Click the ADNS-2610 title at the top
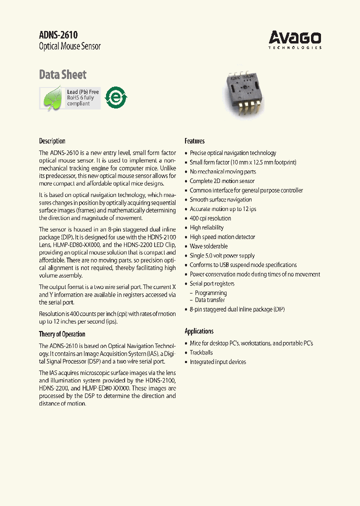[58, 34]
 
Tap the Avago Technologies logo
[294, 39]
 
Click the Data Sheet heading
[62, 74]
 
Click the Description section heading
[52, 141]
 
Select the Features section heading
[194, 141]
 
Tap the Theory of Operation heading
[62, 334]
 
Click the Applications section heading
[199, 331]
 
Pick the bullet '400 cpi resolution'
[210, 218]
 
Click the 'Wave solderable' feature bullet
[208, 246]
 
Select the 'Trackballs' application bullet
[201, 352]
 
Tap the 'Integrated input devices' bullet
[217, 362]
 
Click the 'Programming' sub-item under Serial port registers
[210, 293]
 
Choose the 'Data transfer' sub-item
[209, 300]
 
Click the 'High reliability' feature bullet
[206, 227]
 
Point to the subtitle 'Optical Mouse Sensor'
[69, 46]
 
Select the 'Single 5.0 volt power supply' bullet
[222, 255]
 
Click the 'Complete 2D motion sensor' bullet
[222, 181]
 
